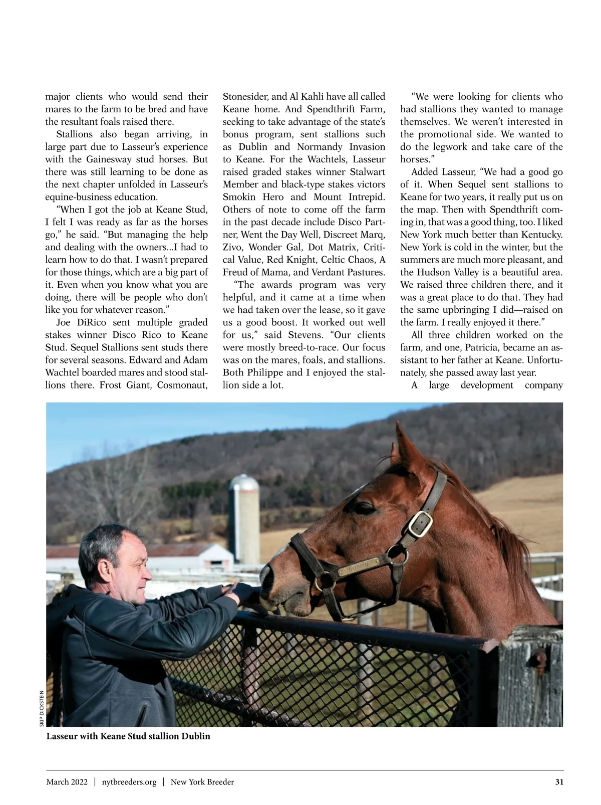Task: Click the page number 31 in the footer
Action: tap(559, 782)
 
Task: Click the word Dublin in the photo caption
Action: tap(196, 736)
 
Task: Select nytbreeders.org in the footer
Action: tap(129, 782)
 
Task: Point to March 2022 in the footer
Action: tap(67, 782)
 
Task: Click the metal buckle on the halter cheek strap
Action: tap(420, 523)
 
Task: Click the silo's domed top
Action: tap(244, 483)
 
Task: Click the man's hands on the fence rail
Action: tap(234, 591)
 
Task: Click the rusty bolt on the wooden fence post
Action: tap(540, 657)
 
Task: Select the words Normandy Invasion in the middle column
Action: tap(341, 147)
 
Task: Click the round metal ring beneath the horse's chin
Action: tap(325, 581)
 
